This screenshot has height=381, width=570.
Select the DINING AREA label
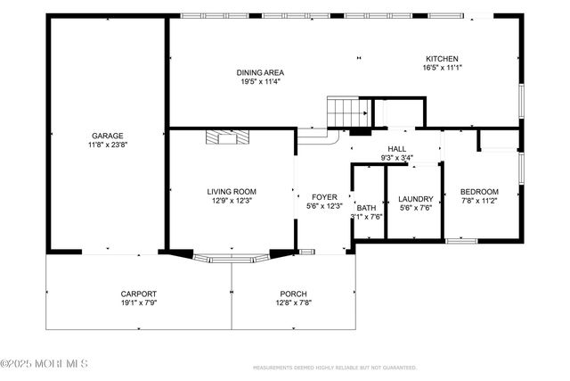[x=259, y=72]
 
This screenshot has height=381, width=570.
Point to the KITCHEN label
[x=442, y=58]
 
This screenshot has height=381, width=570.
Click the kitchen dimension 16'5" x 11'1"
[x=442, y=67]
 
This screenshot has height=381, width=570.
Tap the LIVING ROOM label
[x=232, y=191]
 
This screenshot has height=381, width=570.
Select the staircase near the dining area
[x=348, y=112]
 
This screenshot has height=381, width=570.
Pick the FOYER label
[x=324, y=196]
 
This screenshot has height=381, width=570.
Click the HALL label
[x=397, y=149]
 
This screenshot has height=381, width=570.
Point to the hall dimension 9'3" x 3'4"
[x=397, y=158]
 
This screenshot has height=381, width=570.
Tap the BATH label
[x=367, y=207]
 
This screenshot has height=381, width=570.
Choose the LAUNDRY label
[x=416, y=199]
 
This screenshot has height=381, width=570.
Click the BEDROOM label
[x=479, y=192]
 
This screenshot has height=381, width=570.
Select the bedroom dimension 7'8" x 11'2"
[x=479, y=202]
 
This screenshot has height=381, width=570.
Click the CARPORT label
[x=139, y=294]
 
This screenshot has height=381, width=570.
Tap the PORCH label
[x=293, y=294]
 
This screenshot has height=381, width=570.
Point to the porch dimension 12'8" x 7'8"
[x=293, y=302]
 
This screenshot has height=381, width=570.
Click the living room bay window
[x=232, y=259]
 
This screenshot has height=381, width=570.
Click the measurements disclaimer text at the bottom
[x=335, y=367]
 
